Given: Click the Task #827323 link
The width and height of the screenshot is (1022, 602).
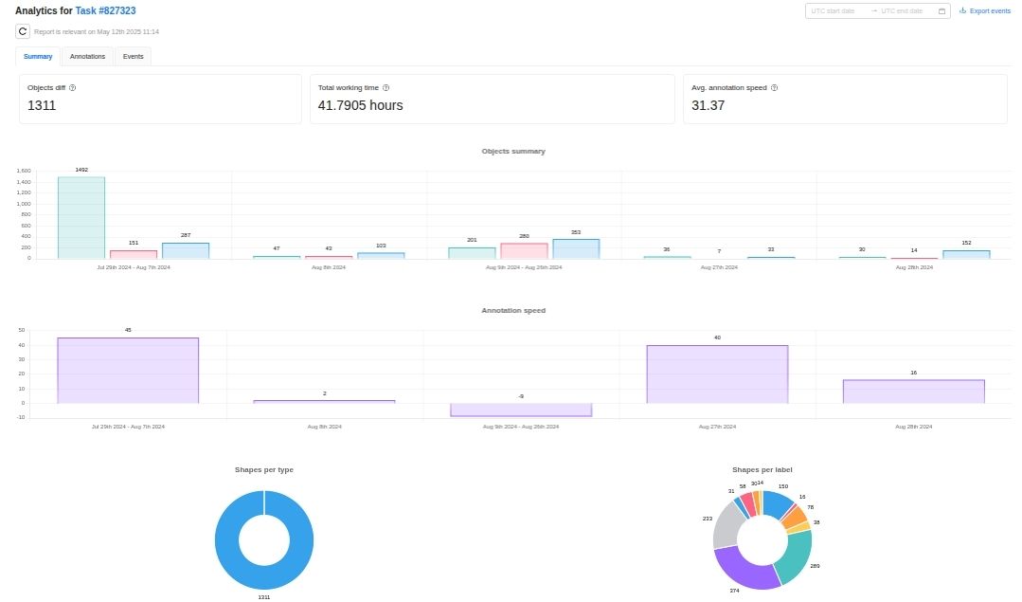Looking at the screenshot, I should coord(105,9).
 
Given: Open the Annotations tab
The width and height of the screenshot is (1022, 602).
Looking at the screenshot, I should coord(87,57).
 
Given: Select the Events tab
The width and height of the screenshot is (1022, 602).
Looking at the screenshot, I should coord(133,57).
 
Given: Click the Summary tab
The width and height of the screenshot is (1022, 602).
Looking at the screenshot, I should coord(38,57).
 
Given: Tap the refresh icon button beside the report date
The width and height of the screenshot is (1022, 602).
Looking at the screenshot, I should coord(23,31).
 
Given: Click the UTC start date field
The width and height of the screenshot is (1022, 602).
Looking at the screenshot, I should coord(834,11).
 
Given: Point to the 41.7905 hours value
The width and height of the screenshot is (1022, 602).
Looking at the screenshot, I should coord(360,105).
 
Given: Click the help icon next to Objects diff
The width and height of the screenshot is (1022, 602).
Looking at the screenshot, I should coord(73,87).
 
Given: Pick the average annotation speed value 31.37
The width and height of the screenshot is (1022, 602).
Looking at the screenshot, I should coord(708,105).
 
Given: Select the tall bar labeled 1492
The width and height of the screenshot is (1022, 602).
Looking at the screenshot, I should coord(81,217).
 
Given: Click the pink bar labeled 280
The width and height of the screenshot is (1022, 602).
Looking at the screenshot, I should coord(524,250).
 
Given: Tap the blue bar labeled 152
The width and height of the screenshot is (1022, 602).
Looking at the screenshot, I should coord(966,254).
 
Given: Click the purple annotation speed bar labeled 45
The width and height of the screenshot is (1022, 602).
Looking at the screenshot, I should coord(128,371).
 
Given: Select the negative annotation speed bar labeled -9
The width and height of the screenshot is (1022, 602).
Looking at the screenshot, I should coord(521,410).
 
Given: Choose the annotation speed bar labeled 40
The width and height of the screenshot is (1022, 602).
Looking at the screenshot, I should coord(717,374).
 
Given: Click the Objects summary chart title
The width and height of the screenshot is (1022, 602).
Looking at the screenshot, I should coord(512,152).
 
